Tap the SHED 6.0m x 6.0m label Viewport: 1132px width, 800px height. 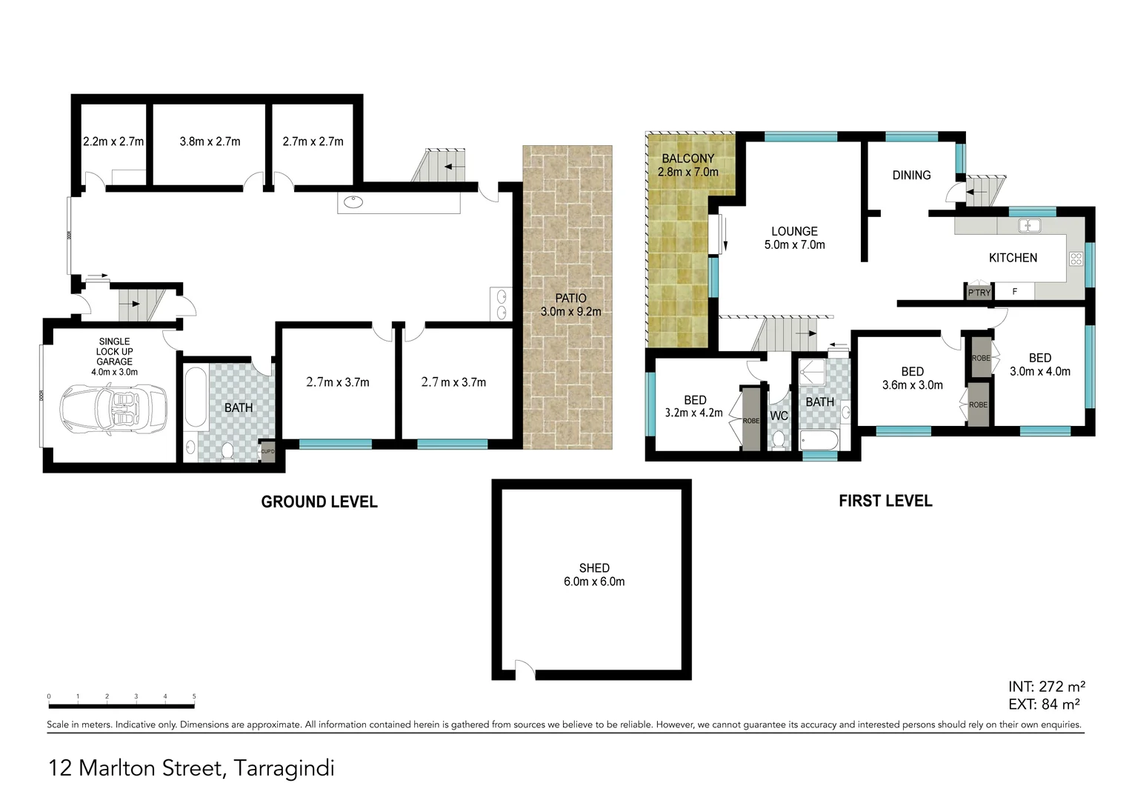594,575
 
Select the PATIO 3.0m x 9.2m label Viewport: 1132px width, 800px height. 570,304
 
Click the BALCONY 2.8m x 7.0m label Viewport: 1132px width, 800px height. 687,165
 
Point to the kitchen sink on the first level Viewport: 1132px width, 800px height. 1029,225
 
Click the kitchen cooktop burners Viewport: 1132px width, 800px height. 1076,259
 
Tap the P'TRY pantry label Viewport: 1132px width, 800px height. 979,293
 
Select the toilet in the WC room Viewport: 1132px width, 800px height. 779,440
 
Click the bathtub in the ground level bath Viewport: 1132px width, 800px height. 195,397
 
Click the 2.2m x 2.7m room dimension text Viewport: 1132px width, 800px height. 113,141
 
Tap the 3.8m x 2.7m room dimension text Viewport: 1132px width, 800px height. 210,141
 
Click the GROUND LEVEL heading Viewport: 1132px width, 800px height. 319,502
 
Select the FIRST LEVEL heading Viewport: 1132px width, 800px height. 885,501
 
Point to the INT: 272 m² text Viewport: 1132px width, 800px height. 1046,687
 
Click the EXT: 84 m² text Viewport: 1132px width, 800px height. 1043,704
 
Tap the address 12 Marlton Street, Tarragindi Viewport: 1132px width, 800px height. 191,768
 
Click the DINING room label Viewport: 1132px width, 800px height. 911,176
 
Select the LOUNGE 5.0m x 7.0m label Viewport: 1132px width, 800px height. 794,238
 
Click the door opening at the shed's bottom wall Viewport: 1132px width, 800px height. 524,672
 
